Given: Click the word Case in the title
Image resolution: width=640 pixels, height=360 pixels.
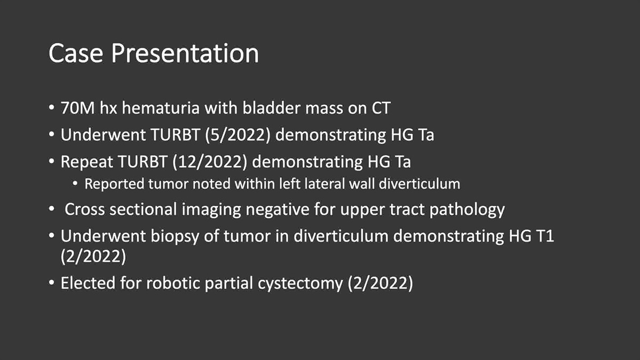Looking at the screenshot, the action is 75,53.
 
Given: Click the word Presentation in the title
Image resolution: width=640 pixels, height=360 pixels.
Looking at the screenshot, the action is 185,53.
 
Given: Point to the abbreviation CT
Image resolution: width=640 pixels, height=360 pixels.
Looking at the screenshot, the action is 381,108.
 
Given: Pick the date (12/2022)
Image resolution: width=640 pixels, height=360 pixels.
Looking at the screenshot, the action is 210,162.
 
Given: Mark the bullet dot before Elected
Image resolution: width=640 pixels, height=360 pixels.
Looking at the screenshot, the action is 51,283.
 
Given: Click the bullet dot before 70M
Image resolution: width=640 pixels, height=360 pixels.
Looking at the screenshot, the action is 51,108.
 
